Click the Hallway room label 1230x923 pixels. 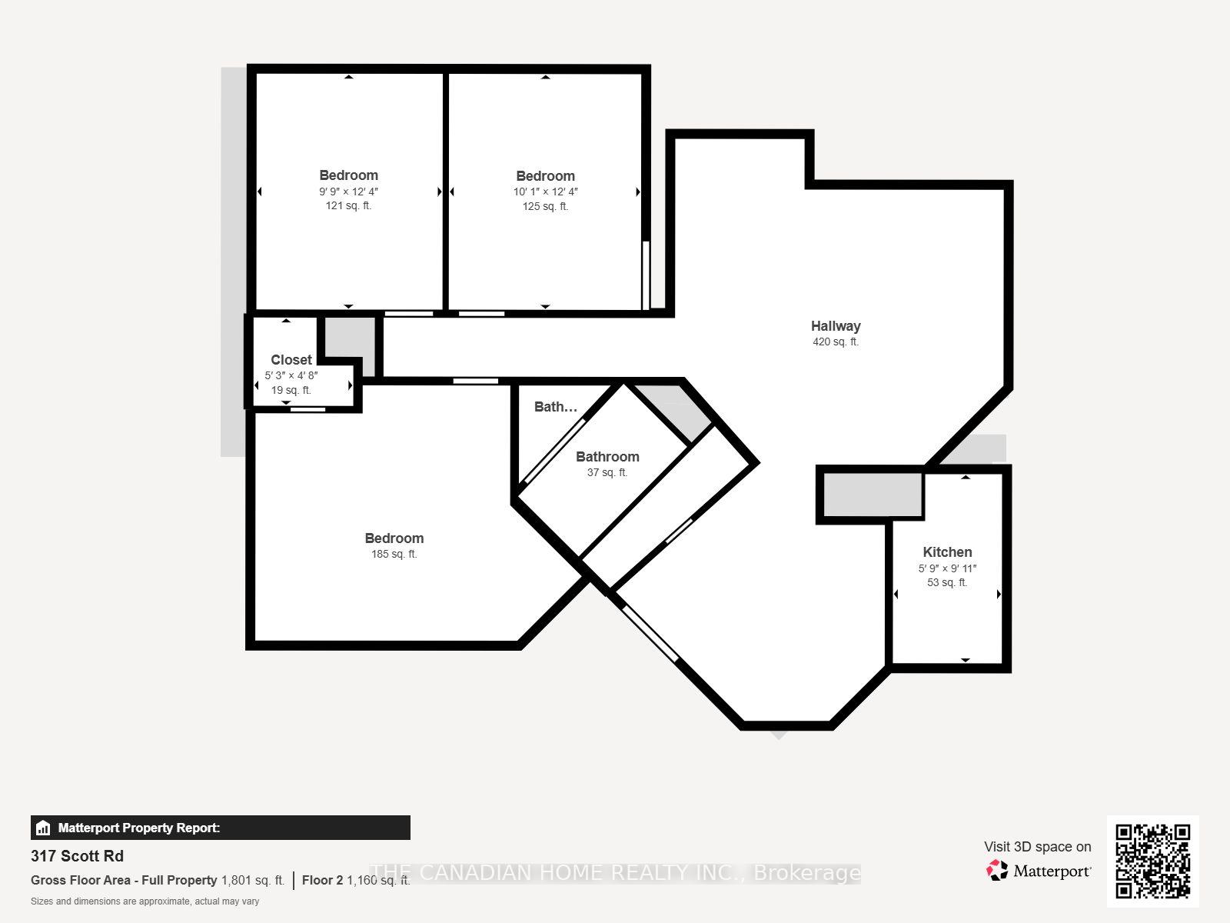click(x=836, y=325)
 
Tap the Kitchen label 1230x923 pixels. click(x=947, y=552)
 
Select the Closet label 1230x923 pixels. click(x=291, y=360)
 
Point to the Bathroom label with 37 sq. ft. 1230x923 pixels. click(x=607, y=457)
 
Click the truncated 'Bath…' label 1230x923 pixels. click(x=555, y=407)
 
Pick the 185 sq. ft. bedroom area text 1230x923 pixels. click(x=394, y=555)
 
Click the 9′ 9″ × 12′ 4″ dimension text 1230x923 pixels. click(x=348, y=192)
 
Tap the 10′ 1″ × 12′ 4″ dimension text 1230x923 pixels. click(x=545, y=192)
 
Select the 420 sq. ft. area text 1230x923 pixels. click(x=836, y=342)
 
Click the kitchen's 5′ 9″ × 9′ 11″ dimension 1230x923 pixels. click(x=947, y=568)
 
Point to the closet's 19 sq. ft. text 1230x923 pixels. click(x=291, y=390)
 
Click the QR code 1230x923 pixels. click(x=1152, y=861)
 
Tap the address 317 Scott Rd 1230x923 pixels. click(x=78, y=856)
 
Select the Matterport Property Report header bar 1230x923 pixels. click(x=220, y=828)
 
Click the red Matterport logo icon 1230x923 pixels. click(x=996, y=871)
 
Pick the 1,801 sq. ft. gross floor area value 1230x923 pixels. click(x=253, y=881)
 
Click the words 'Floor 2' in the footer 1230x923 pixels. click(x=322, y=881)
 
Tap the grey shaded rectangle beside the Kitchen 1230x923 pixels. click(x=873, y=495)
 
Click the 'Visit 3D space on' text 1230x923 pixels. click(x=1037, y=847)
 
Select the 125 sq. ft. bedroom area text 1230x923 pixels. click(x=545, y=206)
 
